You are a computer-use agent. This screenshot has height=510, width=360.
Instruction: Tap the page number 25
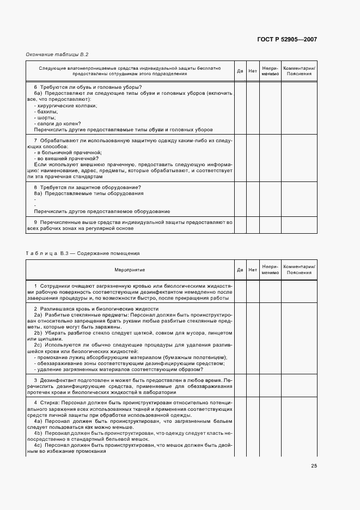314,465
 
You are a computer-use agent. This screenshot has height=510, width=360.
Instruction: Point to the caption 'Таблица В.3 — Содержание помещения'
83,253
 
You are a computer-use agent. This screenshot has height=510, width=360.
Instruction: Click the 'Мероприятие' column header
130,270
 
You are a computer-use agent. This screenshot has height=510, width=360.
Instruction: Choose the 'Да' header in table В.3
240,270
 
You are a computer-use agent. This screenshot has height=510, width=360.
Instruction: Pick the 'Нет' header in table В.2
253,71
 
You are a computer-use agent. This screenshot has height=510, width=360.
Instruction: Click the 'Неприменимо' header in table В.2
270,71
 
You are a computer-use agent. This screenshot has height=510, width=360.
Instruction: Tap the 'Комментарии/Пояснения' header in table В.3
299,270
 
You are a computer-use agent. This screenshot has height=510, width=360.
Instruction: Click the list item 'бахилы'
46,112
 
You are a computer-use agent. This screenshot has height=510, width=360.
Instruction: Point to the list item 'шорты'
45,118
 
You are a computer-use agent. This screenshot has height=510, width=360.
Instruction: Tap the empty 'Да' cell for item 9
240,225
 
